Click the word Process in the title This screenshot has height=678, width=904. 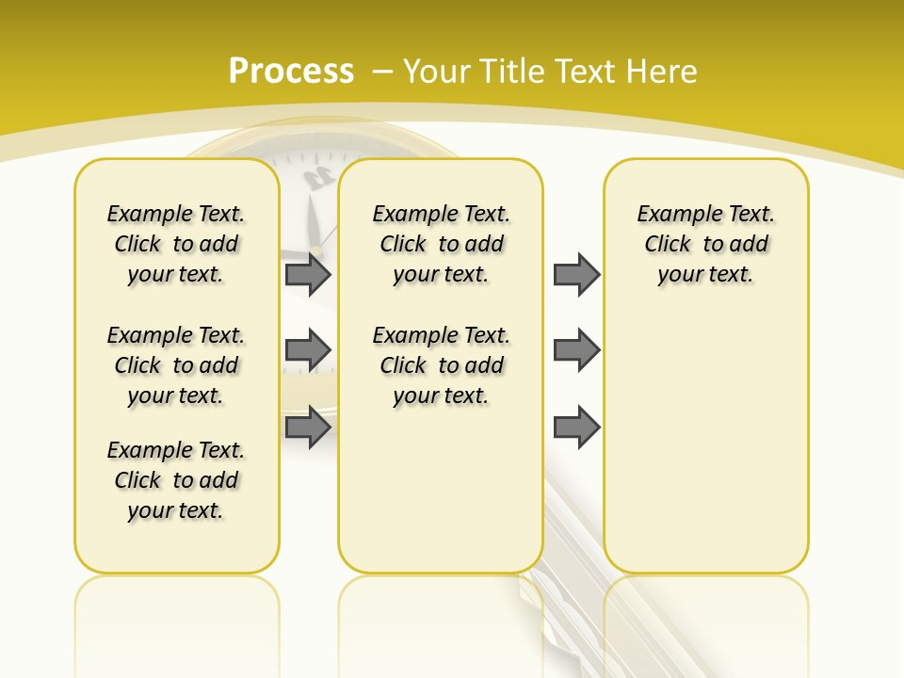point(291,72)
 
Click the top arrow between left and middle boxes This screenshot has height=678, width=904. point(308,274)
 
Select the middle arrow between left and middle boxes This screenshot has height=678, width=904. point(308,350)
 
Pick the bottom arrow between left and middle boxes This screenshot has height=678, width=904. point(308,428)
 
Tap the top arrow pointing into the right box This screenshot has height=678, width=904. point(576,274)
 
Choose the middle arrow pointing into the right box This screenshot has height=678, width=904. point(576,350)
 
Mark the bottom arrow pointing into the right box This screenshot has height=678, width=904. point(576,428)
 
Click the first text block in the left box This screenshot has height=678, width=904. point(176,244)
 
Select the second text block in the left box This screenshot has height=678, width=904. point(176,365)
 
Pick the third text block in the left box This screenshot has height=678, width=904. point(176,480)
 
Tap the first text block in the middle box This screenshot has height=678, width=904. point(441,244)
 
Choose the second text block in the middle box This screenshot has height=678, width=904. point(441,365)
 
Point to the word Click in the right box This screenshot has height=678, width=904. point(668,245)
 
